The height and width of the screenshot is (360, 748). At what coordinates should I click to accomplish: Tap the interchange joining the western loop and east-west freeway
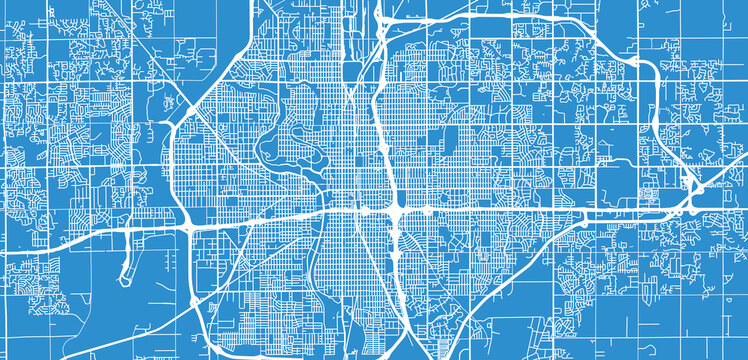click(191, 222)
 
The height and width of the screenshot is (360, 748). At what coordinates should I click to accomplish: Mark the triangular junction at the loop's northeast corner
click(385, 22)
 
